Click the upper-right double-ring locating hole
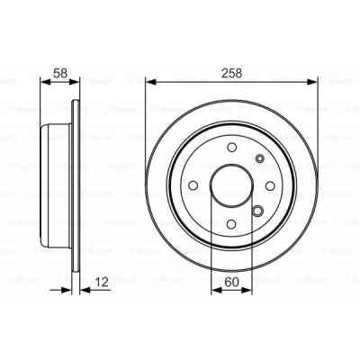[x=261, y=160]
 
